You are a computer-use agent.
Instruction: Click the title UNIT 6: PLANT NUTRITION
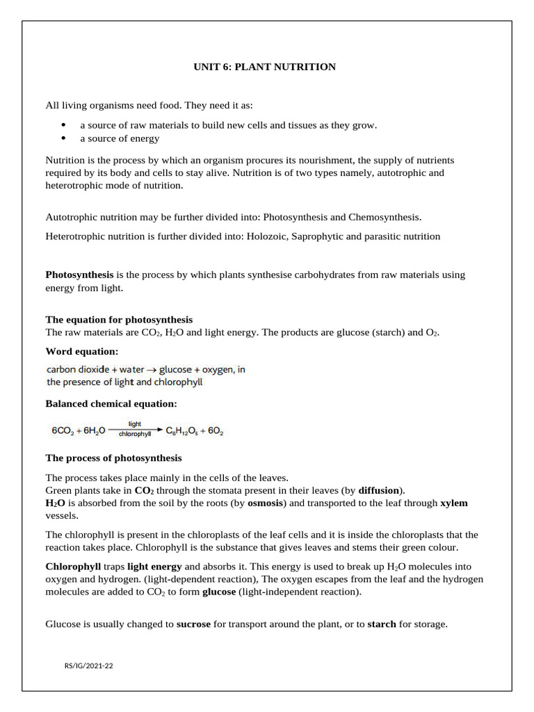(x=264, y=67)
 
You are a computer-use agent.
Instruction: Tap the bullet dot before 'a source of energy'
(x=63, y=138)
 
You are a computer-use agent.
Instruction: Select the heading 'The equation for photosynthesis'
(x=119, y=320)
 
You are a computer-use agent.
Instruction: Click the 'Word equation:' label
(x=81, y=351)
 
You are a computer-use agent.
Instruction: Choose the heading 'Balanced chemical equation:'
(x=111, y=403)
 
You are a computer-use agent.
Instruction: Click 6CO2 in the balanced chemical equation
(x=65, y=431)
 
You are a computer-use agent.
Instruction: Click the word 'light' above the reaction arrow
(x=135, y=423)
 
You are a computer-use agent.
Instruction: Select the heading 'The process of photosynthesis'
(x=113, y=458)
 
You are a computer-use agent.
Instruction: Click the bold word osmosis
(x=265, y=503)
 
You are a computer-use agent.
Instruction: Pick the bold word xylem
(x=454, y=503)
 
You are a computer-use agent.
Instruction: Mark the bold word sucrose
(x=193, y=624)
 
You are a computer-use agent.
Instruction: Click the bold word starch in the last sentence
(x=382, y=624)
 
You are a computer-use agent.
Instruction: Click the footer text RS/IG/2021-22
(x=88, y=666)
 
